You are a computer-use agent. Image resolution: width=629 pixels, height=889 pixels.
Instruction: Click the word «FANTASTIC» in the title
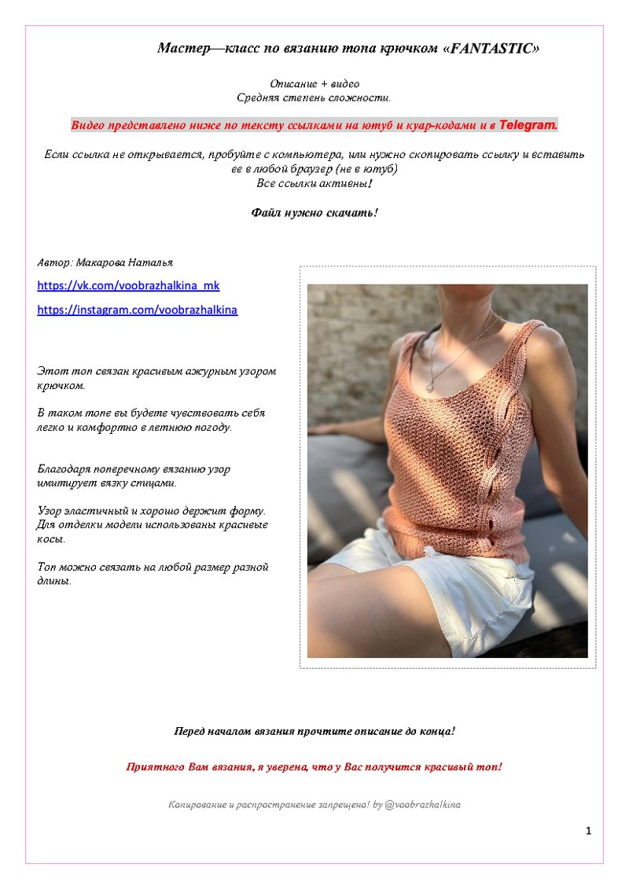[x=492, y=49]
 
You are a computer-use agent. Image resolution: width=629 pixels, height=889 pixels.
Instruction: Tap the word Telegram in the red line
[x=528, y=125]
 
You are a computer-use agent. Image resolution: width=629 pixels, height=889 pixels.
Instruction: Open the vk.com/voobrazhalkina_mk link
[x=128, y=285]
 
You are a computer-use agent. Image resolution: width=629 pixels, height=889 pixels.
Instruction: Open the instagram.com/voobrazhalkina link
[x=137, y=310]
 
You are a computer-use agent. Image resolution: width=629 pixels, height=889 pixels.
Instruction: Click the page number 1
[x=588, y=831]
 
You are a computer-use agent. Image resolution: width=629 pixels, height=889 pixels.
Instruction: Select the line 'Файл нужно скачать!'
[x=314, y=212]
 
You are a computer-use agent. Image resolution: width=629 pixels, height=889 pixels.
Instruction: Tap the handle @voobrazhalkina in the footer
[x=422, y=804]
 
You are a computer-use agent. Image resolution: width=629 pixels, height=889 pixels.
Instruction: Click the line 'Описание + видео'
[x=314, y=84]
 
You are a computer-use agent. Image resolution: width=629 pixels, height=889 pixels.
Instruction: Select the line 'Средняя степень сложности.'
[x=314, y=98]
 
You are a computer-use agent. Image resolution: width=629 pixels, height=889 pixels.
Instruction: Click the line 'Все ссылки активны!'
[x=314, y=183]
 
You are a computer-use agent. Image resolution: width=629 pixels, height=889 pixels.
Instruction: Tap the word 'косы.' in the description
[x=51, y=540]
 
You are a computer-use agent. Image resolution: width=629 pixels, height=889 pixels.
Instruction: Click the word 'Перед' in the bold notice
[x=189, y=731]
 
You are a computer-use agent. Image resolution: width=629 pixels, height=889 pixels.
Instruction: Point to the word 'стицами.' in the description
[x=154, y=483]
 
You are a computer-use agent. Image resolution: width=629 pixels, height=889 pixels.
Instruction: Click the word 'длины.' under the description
[x=54, y=581]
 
